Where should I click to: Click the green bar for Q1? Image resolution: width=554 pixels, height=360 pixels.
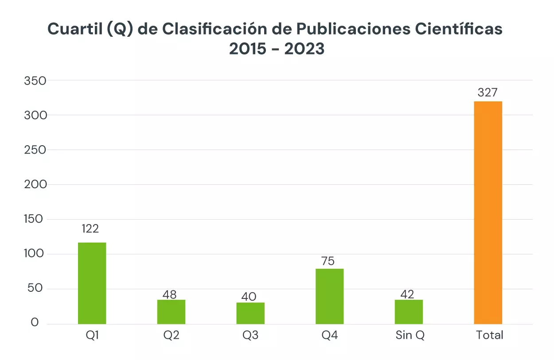(x=92, y=283)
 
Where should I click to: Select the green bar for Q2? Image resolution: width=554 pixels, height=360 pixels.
(x=171, y=312)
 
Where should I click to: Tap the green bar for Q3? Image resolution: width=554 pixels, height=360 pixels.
(x=250, y=313)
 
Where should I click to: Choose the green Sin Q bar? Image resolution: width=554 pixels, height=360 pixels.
(x=409, y=312)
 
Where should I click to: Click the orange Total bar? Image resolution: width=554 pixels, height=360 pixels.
(x=488, y=213)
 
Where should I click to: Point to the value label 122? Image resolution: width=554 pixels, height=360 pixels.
(x=90, y=229)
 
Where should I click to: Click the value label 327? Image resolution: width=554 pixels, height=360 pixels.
(x=488, y=93)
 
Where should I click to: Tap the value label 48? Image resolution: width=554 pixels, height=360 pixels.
(x=170, y=294)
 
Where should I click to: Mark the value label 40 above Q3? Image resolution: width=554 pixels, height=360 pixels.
(x=249, y=296)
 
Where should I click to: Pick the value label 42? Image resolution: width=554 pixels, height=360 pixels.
(x=407, y=294)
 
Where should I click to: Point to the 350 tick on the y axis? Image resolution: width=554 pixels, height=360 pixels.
(x=36, y=81)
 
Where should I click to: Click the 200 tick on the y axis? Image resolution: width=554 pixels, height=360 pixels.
(x=35, y=185)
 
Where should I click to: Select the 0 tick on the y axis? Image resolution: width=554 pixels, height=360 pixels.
(x=35, y=323)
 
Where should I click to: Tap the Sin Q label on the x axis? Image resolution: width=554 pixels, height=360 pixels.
(x=410, y=335)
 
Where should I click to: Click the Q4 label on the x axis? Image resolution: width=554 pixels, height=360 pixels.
(x=330, y=335)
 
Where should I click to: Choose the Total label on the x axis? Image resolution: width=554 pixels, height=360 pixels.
(x=490, y=335)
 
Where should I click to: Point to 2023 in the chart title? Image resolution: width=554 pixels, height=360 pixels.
(x=304, y=49)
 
